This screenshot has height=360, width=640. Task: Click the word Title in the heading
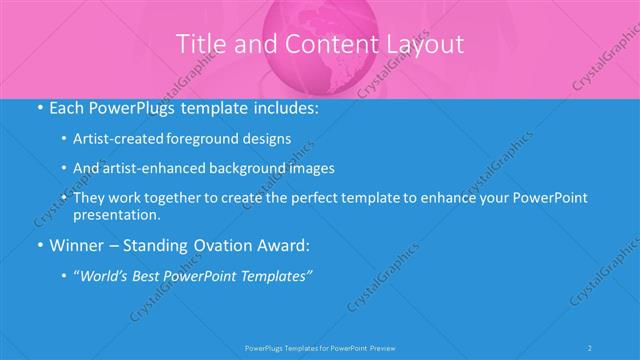(199, 44)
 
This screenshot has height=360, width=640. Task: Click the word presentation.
(116, 214)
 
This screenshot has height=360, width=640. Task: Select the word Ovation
(204, 245)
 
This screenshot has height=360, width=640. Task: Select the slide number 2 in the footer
(591, 347)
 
